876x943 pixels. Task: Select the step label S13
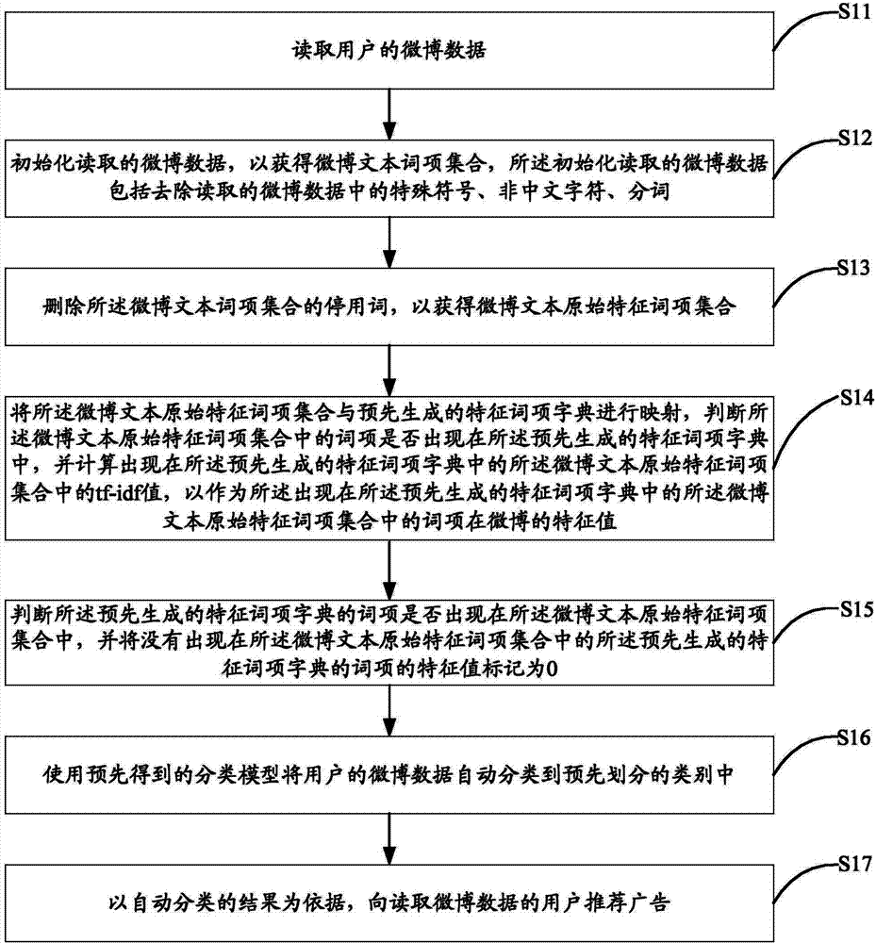pos(854,268)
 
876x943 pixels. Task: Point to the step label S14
pos(857,398)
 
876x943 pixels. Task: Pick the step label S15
pos(857,610)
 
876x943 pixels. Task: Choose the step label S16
pos(854,738)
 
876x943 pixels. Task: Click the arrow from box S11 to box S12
pos(390,114)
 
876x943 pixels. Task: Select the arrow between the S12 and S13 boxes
pos(390,242)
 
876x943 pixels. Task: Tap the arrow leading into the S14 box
pos(390,371)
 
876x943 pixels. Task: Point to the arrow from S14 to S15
pos(390,570)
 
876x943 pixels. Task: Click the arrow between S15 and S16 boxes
pos(390,711)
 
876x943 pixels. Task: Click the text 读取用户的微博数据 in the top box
pos(389,50)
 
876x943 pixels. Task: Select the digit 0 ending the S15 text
pos(552,669)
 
